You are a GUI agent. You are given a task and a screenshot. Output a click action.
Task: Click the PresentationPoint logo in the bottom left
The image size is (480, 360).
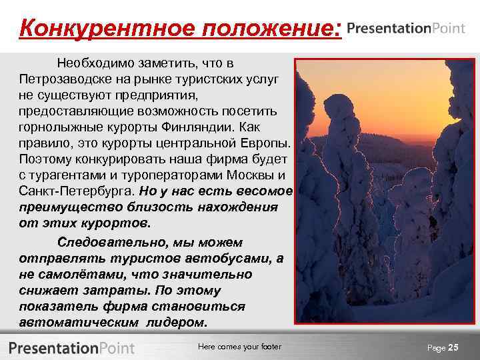tap(72, 347)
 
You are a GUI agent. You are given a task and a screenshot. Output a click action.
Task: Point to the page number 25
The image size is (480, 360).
tap(453, 347)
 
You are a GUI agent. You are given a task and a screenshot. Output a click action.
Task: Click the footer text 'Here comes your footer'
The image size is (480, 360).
tap(240, 347)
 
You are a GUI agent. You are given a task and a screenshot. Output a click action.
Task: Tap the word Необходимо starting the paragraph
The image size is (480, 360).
tap(93, 63)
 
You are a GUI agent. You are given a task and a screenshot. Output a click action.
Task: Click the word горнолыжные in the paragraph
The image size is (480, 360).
tap(57, 127)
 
